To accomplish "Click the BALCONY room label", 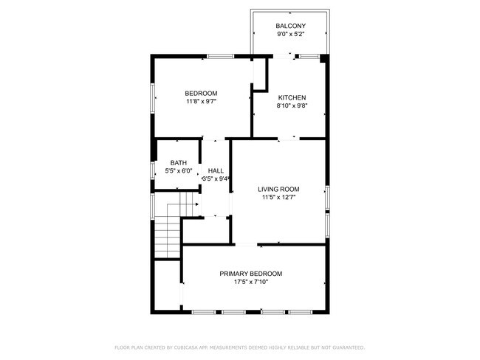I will (x=291, y=26).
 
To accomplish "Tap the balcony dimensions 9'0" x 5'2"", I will (x=291, y=34).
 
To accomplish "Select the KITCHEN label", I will (x=292, y=97).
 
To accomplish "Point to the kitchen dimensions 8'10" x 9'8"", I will (x=292, y=105).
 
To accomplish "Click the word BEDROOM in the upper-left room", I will (x=201, y=93).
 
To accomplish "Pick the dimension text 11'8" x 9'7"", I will (x=201, y=101).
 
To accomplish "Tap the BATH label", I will (x=179, y=163).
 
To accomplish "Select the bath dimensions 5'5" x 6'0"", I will (x=179, y=170).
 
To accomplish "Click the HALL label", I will (x=216, y=170).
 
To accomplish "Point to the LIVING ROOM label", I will (x=278, y=189).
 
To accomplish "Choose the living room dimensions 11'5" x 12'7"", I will (x=278, y=197).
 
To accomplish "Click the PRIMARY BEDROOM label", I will (x=251, y=274).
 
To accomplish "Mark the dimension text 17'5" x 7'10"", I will (x=251, y=282).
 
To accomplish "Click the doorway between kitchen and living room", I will (x=289, y=138).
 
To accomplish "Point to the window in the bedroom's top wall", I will (x=220, y=56).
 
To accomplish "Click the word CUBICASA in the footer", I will (x=190, y=347).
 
